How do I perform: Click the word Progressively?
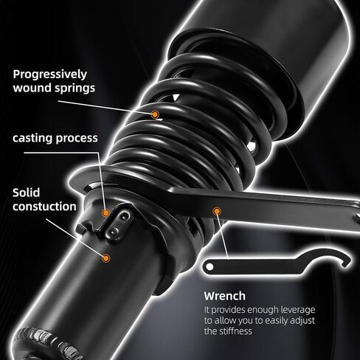(50, 75)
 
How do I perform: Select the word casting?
(32, 139)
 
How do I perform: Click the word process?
(77, 139)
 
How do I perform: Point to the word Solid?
(27, 193)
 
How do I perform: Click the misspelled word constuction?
(44, 207)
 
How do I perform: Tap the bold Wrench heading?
(225, 296)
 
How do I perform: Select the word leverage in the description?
(298, 311)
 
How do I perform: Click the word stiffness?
(235, 331)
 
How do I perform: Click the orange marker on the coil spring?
(155, 114)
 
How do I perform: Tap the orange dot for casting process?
(106, 212)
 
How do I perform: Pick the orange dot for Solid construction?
(106, 258)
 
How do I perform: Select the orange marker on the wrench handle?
(217, 211)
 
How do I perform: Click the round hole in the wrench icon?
(210, 266)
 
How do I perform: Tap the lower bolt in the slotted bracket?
(114, 231)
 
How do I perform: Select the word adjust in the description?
(302, 321)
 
